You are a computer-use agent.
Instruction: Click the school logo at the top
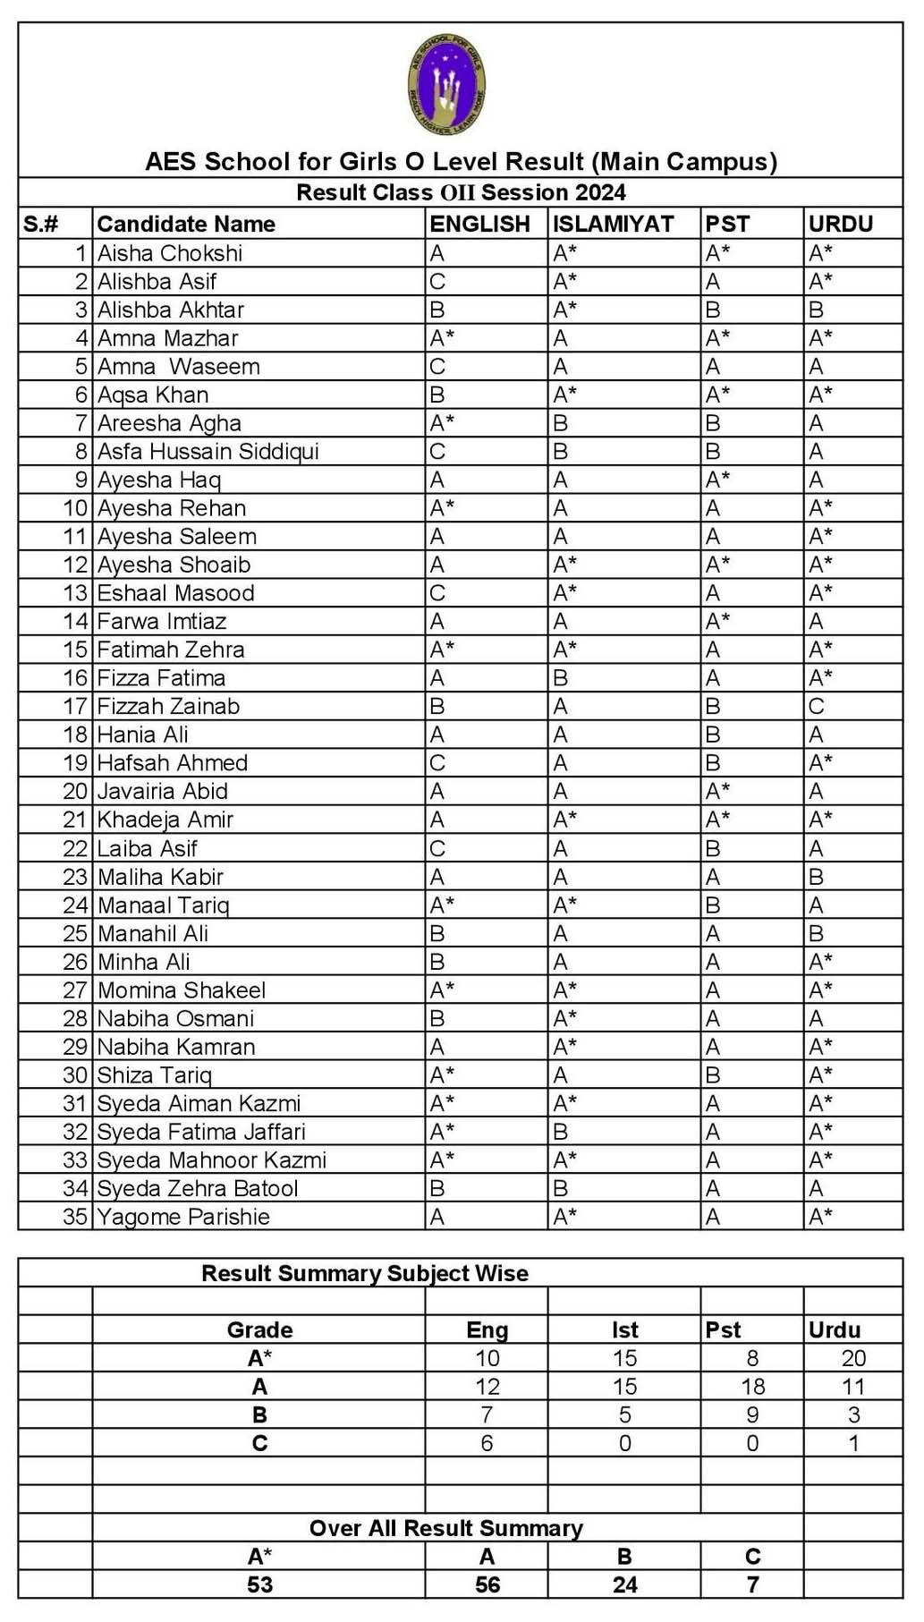(446, 86)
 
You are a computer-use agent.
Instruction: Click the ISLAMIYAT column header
(613, 224)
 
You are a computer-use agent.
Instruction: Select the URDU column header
(840, 224)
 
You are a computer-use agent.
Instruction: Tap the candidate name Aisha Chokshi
(170, 253)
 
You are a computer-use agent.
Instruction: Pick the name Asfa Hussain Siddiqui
(208, 451)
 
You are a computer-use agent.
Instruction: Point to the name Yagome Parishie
(183, 1217)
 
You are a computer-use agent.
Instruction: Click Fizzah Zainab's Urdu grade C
(816, 706)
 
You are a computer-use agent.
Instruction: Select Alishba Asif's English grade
(437, 282)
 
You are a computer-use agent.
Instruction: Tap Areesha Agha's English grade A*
(442, 423)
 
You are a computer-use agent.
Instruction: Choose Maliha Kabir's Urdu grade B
(816, 877)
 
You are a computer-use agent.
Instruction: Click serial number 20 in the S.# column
(75, 791)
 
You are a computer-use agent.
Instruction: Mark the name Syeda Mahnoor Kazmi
(211, 1160)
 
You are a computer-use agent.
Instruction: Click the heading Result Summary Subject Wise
(364, 1273)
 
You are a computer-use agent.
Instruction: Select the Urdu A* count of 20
(853, 1358)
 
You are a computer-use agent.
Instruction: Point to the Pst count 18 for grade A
(752, 1387)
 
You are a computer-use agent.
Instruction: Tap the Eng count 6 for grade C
(487, 1443)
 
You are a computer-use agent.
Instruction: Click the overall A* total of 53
(259, 1584)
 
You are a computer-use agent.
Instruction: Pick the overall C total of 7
(752, 1584)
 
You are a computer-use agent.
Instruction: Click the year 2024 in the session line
(600, 192)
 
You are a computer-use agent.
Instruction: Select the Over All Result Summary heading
(445, 1528)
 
